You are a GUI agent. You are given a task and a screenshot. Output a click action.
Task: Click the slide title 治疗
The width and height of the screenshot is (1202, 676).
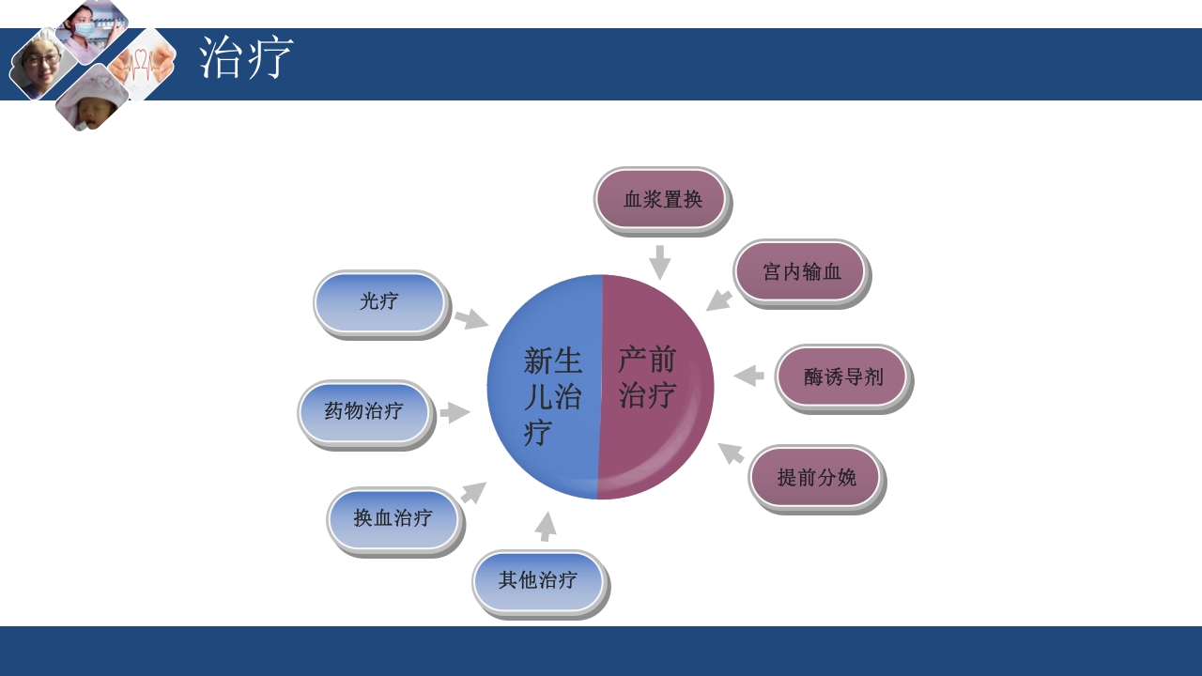click(246, 58)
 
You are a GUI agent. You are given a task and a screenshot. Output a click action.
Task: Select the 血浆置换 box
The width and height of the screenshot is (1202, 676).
click(662, 199)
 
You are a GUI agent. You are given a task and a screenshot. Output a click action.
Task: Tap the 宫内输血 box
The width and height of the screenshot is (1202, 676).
click(800, 271)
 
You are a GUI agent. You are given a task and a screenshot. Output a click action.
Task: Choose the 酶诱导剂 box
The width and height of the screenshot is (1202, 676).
click(842, 376)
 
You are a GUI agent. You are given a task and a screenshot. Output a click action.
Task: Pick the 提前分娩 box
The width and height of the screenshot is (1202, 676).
click(815, 477)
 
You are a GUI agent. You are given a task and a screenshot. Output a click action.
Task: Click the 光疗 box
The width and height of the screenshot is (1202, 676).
click(379, 301)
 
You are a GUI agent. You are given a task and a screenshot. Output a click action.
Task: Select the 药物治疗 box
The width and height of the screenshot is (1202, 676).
click(364, 411)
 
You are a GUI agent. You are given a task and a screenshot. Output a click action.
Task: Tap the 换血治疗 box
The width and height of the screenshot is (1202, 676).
click(393, 518)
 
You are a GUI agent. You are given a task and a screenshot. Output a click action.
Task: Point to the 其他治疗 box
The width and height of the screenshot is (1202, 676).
click(538, 580)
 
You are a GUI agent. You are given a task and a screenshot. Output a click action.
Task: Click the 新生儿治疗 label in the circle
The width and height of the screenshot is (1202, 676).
click(552, 395)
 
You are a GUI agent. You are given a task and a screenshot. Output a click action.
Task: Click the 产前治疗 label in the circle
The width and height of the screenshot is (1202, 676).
click(647, 376)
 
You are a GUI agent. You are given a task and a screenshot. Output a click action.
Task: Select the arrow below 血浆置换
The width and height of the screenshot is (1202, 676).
click(660, 262)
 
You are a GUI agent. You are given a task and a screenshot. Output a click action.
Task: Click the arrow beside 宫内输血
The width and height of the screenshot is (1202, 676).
click(719, 300)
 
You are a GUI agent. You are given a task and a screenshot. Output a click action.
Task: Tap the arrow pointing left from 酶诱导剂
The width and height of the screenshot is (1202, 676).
click(748, 376)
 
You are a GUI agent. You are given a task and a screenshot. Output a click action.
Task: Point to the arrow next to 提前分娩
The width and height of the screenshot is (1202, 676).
click(731, 453)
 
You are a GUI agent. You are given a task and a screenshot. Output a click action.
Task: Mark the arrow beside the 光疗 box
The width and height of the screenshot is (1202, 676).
click(471, 319)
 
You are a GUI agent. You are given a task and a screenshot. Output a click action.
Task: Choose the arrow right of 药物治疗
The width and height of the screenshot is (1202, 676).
click(455, 412)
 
